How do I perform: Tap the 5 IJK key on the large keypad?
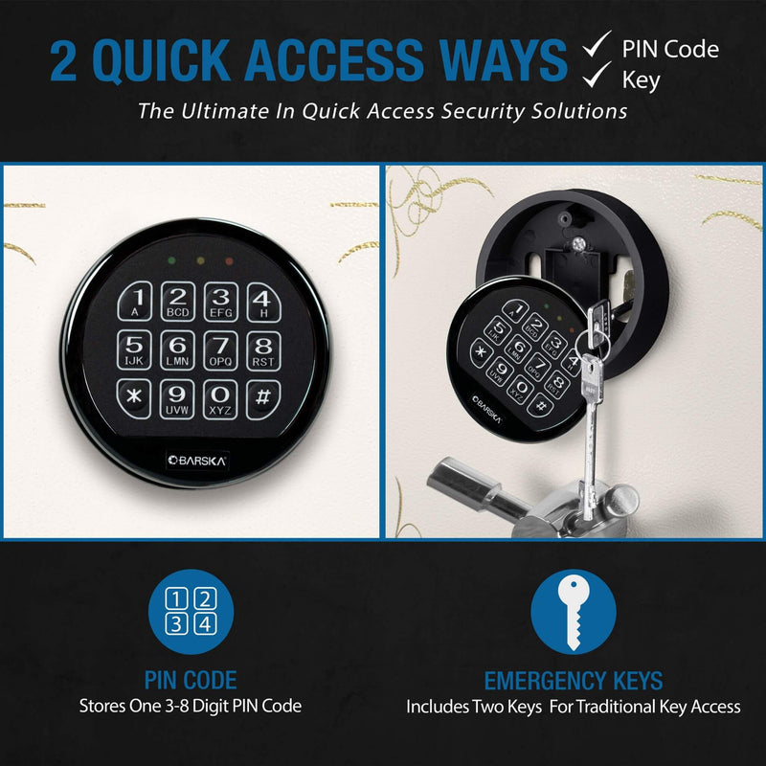click(135, 350)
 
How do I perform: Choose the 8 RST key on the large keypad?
click(263, 350)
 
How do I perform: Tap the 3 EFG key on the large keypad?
click(221, 301)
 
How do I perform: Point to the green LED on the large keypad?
click(169, 260)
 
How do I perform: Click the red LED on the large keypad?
click(228, 260)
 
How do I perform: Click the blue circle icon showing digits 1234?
click(191, 612)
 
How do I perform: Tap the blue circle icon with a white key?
click(573, 612)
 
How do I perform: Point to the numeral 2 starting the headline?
click(66, 60)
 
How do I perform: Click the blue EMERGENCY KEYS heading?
click(573, 681)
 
